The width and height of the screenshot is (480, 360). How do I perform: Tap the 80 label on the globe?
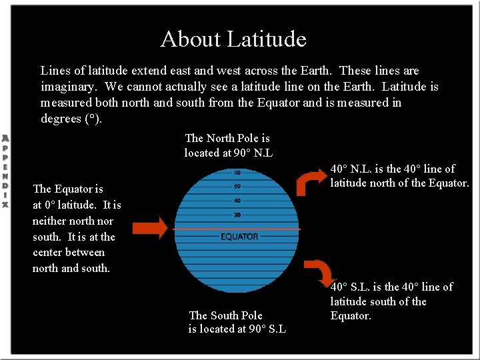pos(237,173)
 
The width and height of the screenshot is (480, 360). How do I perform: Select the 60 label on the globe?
pos(237,187)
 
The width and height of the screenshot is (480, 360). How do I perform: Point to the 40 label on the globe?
pos(237,201)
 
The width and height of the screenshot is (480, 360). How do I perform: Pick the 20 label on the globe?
pos(237,215)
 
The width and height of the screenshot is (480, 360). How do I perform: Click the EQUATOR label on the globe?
pos(239,237)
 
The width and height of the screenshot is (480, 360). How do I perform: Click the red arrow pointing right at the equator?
pos(151,229)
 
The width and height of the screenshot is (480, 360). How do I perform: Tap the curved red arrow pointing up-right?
pos(309,181)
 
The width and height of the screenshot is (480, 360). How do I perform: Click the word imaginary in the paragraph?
pos(69,87)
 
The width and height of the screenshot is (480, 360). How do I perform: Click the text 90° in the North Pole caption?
pos(242,153)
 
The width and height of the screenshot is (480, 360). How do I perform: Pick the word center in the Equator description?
pos(49,253)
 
